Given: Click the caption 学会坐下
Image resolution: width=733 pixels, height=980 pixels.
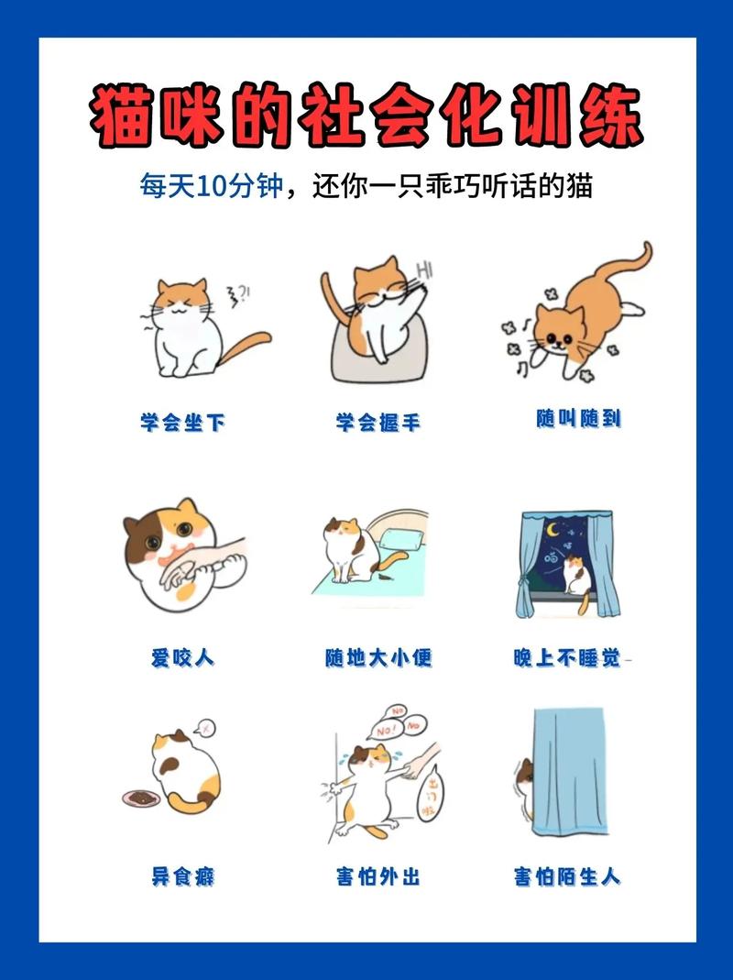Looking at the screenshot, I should click(x=182, y=423).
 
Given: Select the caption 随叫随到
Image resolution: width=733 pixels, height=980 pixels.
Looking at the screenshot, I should click(x=578, y=419).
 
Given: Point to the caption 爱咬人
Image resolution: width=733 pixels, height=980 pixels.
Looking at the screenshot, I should click(x=182, y=657).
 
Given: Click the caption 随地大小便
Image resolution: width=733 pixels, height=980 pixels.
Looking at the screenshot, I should click(x=377, y=657).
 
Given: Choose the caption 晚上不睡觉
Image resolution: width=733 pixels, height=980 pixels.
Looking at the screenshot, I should click(x=568, y=657).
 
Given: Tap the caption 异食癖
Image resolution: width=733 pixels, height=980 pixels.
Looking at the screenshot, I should click(x=182, y=875).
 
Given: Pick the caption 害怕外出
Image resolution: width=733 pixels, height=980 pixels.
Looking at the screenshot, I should click(x=377, y=875).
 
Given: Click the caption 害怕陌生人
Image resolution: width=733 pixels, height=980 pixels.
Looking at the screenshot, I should click(x=568, y=875).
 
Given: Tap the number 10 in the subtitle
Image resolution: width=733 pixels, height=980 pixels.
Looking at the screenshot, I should click(x=212, y=186).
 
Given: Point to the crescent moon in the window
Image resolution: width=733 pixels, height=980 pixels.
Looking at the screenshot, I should click(x=552, y=530).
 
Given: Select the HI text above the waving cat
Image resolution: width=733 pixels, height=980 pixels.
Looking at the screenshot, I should click(x=423, y=270).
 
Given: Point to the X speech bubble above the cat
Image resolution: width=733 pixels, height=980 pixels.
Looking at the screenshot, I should click(x=208, y=727).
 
